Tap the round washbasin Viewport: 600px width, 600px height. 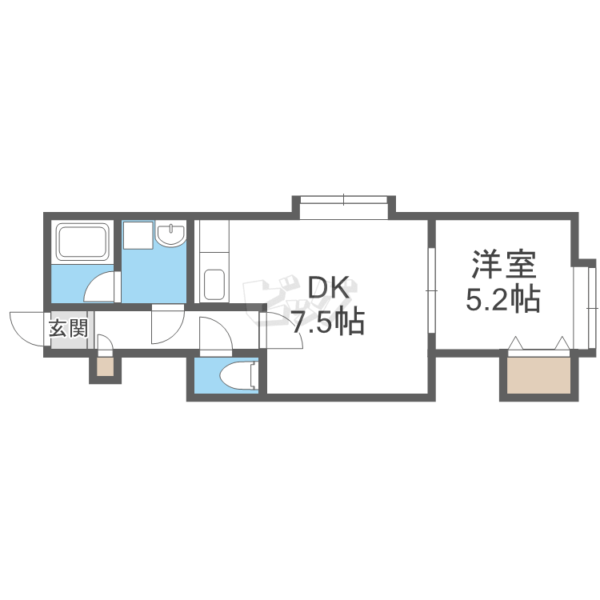tap(170, 234)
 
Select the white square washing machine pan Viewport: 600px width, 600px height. tap(136, 235)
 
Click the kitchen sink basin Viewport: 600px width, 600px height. tap(214, 284)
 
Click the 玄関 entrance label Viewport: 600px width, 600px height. tap(68, 328)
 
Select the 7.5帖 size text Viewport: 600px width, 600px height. tap(327, 322)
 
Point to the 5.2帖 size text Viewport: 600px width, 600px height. tap(502, 299)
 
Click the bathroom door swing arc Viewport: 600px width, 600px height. tap(102, 286)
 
